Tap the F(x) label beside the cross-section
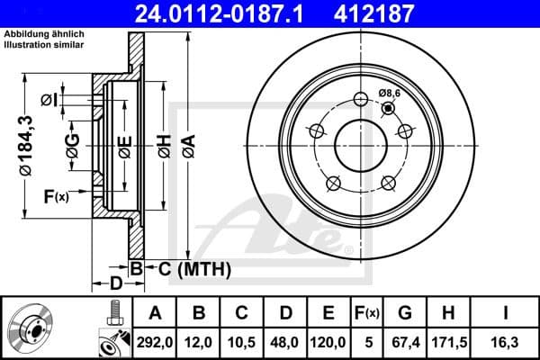(56, 196)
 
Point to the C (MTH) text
(183, 268)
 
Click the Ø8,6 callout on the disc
(389, 93)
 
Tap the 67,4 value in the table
(404, 341)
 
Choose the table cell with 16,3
(507, 341)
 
